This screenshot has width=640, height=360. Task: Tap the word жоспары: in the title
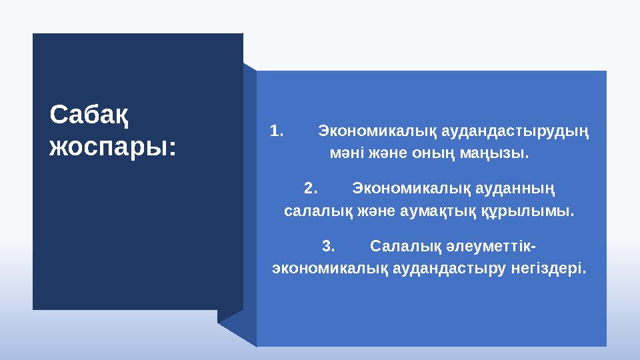(114, 146)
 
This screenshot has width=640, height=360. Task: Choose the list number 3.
(328, 246)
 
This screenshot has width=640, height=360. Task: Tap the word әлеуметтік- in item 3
(493, 246)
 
